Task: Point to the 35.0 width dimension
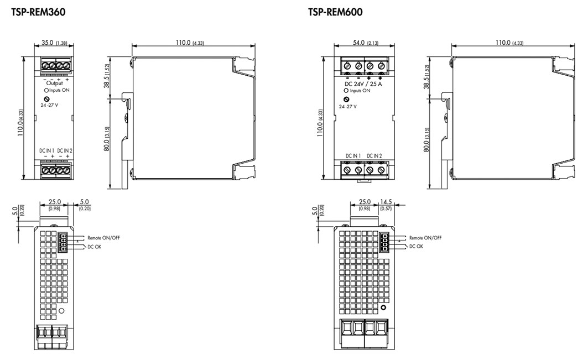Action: [x=47, y=43]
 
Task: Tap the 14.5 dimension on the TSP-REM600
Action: [x=386, y=202]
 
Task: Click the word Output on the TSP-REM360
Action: [x=54, y=83]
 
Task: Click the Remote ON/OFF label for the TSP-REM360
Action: [x=103, y=237]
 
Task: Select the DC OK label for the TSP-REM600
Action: [x=416, y=246]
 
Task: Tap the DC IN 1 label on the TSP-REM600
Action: [x=353, y=155]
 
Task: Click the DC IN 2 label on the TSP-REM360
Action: [x=65, y=150]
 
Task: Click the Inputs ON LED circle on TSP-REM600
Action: [x=346, y=90]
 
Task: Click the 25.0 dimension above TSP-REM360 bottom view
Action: [x=54, y=202]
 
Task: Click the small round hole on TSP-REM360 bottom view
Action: [x=62, y=312]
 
